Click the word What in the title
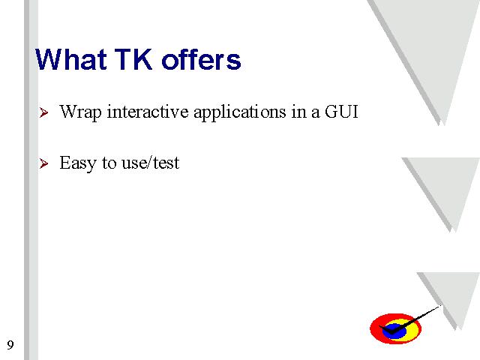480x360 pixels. (x=71, y=59)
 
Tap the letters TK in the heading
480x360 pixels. (x=133, y=59)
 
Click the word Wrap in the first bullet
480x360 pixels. (x=80, y=112)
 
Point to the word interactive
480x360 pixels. (x=148, y=112)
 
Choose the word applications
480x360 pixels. (x=240, y=112)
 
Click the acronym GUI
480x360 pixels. (x=341, y=112)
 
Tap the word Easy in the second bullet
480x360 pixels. (x=78, y=163)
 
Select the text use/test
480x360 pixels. (x=150, y=163)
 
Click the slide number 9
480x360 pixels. (x=10, y=345)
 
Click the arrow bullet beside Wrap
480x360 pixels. (x=43, y=112)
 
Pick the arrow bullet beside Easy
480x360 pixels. (x=43, y=163)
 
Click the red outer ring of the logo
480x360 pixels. (x=375, y=329)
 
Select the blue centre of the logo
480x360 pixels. (x=394, y=331)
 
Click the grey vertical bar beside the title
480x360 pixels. (x=31, y=180)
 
